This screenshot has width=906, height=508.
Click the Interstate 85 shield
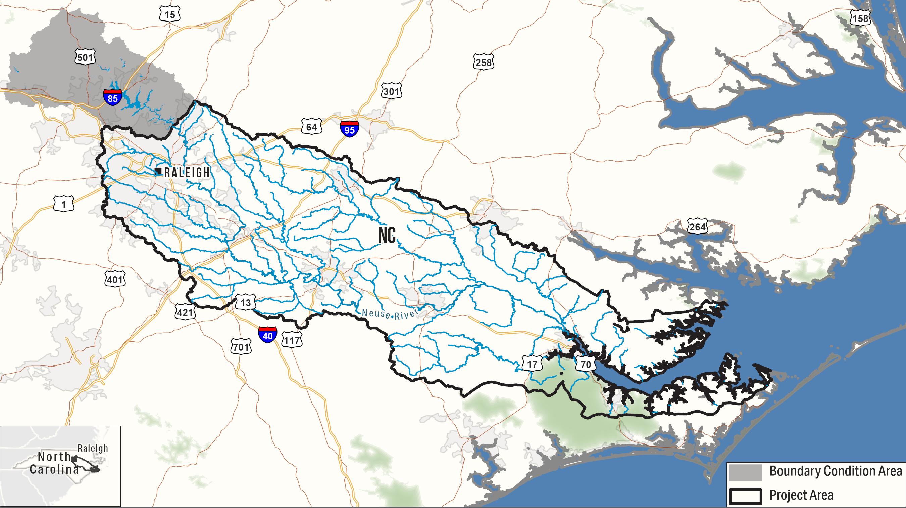click(112, 97)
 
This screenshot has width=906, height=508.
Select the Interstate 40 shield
click(267, 334)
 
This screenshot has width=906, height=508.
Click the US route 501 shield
click(85, 57)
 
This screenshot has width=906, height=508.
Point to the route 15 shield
click(169, 14)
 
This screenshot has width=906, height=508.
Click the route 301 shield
click(391, 91)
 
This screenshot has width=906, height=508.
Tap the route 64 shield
click(311, 126)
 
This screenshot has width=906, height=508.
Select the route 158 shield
click(860, 18)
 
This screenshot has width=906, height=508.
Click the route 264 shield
click(697, 226)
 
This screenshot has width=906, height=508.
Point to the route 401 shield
click(115, 279)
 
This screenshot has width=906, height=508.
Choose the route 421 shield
click(185, 312)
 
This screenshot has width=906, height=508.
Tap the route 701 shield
click(241, 347)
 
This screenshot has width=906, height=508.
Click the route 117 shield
click(292, 340)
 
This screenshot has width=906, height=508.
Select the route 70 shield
click(585, 364)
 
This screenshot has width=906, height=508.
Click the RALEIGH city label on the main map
click(187, 172)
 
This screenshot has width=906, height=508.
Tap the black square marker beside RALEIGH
click(158, 171)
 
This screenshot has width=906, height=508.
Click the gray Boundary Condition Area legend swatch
click(745, 472)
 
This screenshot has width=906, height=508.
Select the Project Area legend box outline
click(745, 496)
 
